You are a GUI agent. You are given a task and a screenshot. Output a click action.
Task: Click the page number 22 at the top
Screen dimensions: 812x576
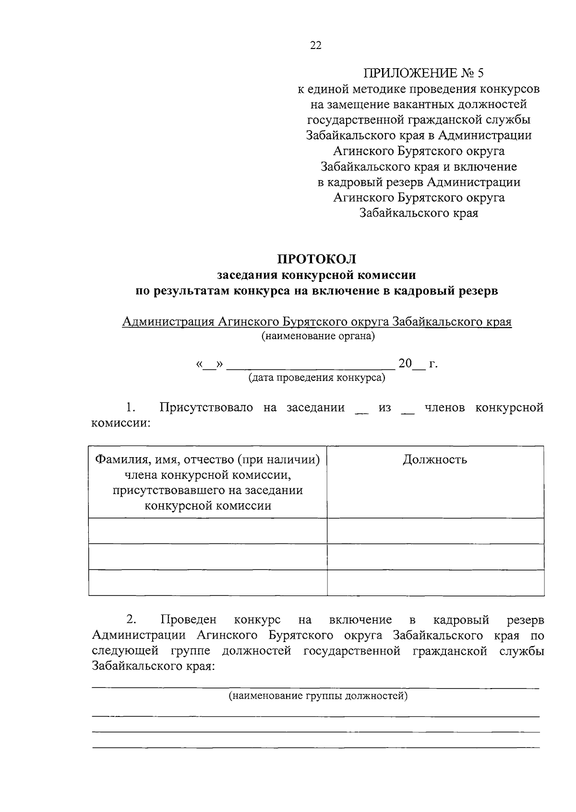pyautogui.click(x=316, y=46)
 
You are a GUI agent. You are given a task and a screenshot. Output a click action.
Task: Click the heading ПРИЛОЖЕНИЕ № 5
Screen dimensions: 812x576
pyautogui.click(x=424, y=73)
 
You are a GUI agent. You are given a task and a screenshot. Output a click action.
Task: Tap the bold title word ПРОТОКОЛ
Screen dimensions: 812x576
pyautogui.click(x=317, y=259)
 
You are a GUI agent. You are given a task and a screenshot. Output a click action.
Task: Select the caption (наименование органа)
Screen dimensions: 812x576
pyautogui.click(x=318, y=336)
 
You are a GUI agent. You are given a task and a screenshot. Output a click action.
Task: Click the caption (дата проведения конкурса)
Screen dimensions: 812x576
pyautogui.click(x=317, y=378)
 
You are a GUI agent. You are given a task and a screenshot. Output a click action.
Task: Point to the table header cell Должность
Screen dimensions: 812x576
pyautogui.click(x=435, y=460)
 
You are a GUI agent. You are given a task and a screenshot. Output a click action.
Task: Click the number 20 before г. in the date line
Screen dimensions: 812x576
pyautogui.click(x=405, y=364)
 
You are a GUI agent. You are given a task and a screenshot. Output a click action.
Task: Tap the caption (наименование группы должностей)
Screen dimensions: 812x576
pyautogui.click(x=318, y=695)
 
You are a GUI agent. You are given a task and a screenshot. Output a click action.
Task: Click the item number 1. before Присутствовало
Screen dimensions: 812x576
pyautogui.click(x=131, y=408)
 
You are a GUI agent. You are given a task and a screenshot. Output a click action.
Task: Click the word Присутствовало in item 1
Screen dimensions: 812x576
pyautogui.click(x=206, y=408)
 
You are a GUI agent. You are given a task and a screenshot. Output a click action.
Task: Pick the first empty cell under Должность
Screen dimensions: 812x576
pyautogui.click(x=435, y=531)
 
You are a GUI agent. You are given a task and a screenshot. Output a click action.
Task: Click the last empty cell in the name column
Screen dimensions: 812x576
pyautogui.click(x=208, y=582)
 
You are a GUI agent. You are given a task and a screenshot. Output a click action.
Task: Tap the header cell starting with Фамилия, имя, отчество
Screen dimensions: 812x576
pyautogui.click(x=208, y=482)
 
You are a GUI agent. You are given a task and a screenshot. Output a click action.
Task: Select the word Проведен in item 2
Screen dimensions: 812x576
pyautogui.click(x=189, y=620)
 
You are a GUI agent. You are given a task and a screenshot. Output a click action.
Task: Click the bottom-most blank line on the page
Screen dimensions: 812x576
pyautogui.click(x=316, y=747)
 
